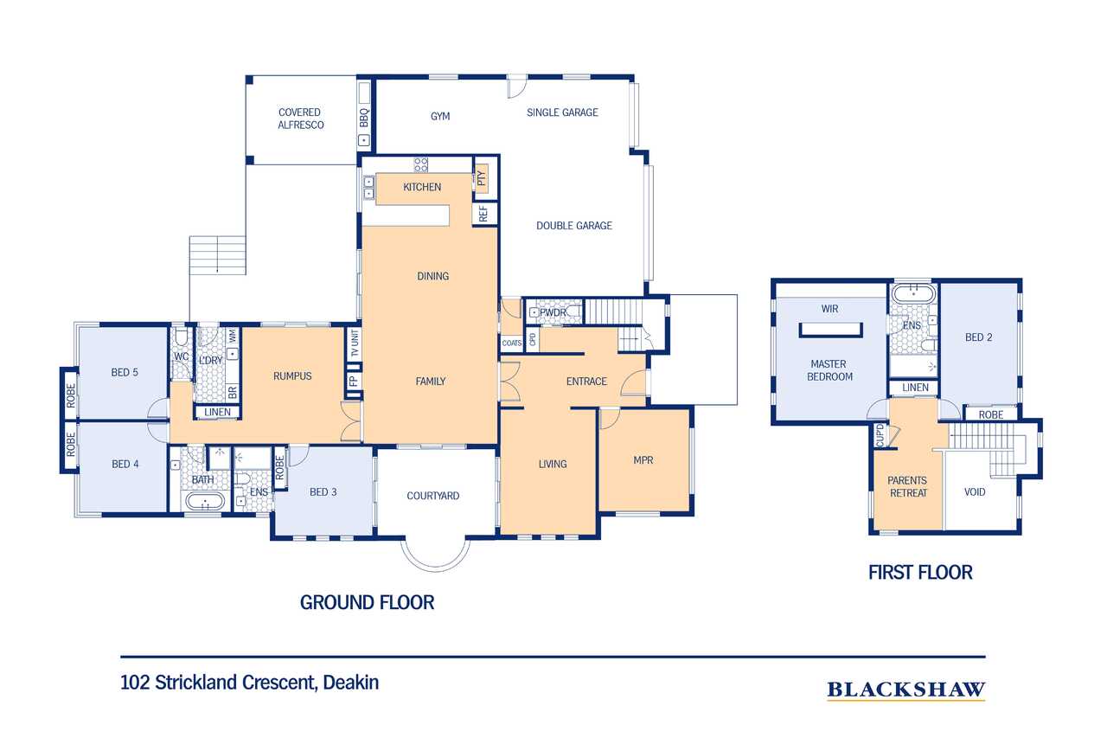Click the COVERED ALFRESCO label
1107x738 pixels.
pyautogui.click(x=300, y=119)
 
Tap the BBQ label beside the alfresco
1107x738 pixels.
pyautogui.click(x=364, y=119)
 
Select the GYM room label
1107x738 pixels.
pyautogui.click(x=440, y=116)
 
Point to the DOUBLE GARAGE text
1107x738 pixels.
pyautogui.click(x=574, y=226)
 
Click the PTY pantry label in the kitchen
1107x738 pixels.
pyautogui.click(x=482, y=178)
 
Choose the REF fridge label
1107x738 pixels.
pyautogui.click(x=483, y=214)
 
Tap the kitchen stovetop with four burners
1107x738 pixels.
pyautogui.click(x=421, y=164)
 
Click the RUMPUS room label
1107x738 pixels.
pyautogui.click(x=292, y=376)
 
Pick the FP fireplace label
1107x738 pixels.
pyautogui.click(x=353, y=381)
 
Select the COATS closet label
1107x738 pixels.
pyautogui.click(x=511, y=343)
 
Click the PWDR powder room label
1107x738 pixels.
pyautogui.click(x=553, y=312)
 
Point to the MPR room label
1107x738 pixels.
pyautogui.click(x=643, y=460)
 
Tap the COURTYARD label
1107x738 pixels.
pyautogui.click(x=433, y=496)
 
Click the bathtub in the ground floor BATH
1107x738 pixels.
pyautogui.click(x=205, y=502)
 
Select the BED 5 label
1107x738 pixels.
pyautogui.click(x=125, y=372)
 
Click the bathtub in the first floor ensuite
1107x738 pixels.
pyautogui.click(x=913, y=293)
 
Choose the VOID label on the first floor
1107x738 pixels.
pyautogui.click(x=975, y=491)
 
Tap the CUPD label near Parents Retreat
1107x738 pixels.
pyautogui.click(x=880, y=435)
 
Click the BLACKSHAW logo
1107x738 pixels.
pyautogui.click(x=905, y=690)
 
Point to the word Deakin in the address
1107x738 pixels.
pyautogui.click(x=351, y=682)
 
